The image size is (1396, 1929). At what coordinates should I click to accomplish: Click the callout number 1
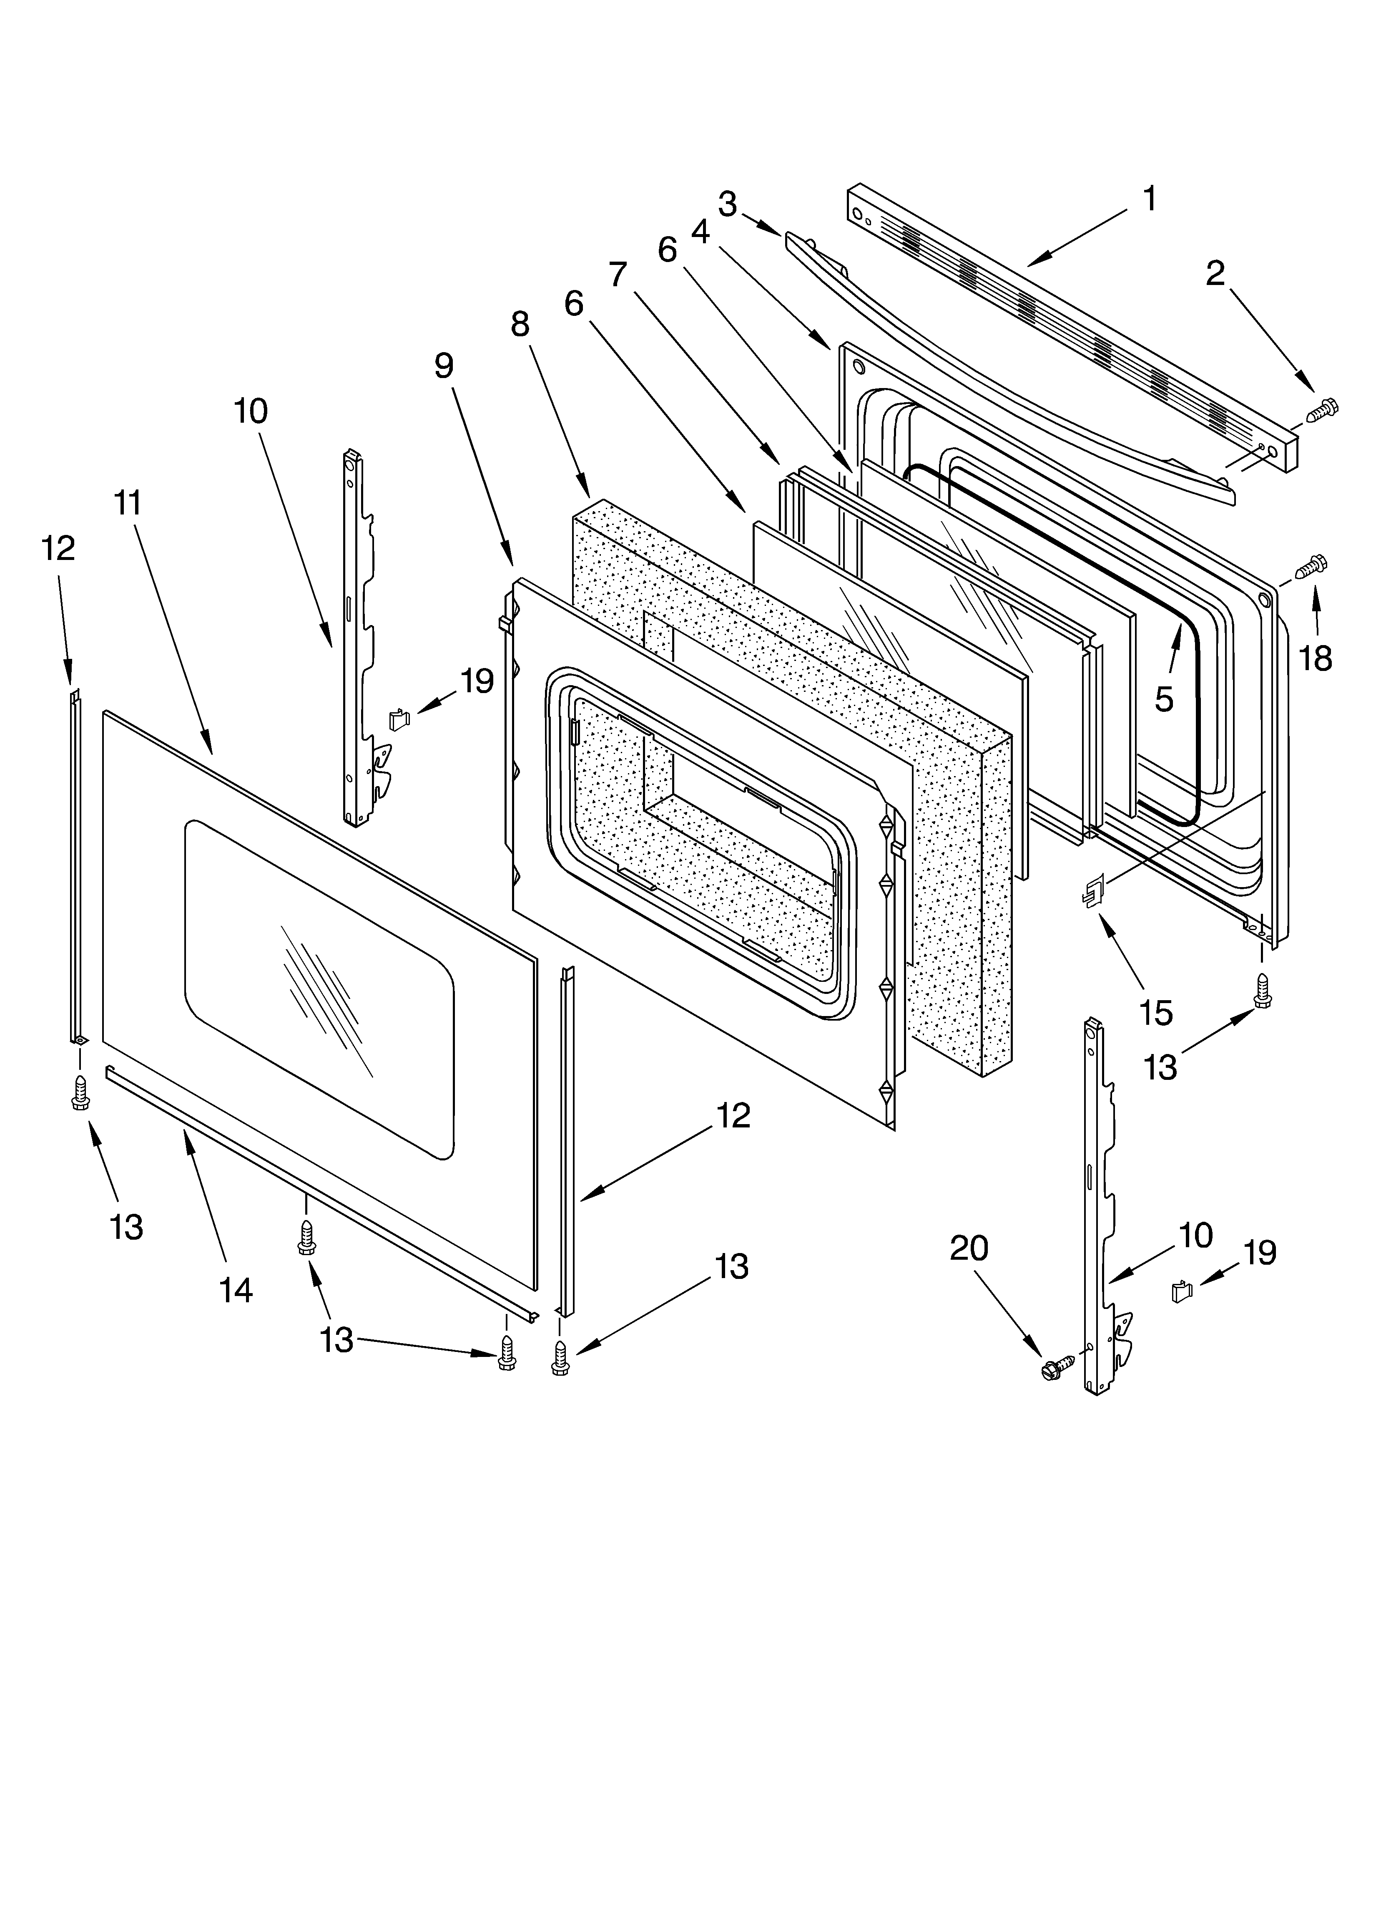(x=1150, y=200)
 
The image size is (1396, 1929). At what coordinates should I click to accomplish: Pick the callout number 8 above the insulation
(x=520, y=324)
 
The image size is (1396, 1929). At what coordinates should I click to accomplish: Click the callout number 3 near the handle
(x=727, y=204)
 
